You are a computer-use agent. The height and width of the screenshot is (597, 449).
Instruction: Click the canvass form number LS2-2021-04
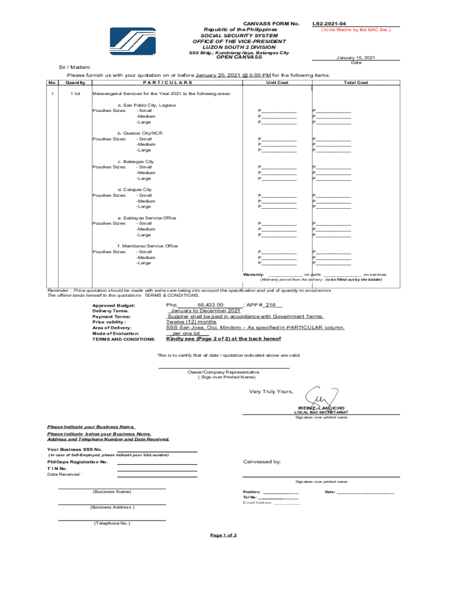coord(329,23)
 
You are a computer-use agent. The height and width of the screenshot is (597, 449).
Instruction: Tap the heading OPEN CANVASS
coord(239,57)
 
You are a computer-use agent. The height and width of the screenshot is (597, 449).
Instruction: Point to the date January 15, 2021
coord(356,58)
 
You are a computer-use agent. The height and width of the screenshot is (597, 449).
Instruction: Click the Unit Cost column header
coord(277,83)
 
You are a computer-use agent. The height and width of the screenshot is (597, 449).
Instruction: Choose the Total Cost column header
coord(356,83)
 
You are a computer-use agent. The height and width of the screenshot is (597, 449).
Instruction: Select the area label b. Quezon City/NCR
coord(140,133)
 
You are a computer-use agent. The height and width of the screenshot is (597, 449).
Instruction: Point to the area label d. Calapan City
coord(135,189)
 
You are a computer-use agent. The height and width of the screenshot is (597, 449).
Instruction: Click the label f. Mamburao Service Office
coord(148,246)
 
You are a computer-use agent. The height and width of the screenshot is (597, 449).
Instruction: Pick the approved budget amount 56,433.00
coord(211,305)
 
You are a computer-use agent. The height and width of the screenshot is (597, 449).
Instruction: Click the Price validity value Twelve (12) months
coord(192,322)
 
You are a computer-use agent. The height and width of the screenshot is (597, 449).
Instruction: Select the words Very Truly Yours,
coord(271,391)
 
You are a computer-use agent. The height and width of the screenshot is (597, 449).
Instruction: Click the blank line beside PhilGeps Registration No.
coord(157,463)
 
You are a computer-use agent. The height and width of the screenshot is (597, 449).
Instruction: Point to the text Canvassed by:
coord(262,462)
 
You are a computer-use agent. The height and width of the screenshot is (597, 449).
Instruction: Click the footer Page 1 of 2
coord(223,535)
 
